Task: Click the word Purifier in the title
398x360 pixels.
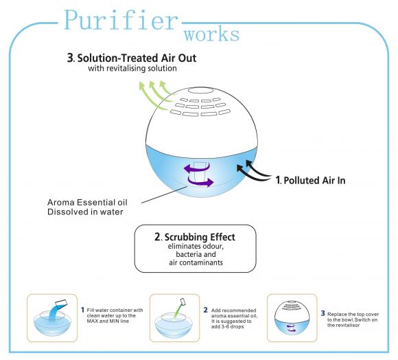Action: (121, 20)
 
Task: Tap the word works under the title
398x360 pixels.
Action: (211, 35)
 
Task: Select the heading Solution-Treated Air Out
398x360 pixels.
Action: (137, 58)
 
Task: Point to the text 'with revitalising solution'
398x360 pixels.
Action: (132, 68)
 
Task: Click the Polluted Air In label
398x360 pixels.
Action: (314, 181)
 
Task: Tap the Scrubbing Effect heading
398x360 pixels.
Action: (200, 237)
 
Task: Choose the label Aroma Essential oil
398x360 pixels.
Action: (87, 203)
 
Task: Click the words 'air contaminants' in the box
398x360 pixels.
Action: (196, 262)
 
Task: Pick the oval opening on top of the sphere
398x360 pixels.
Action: (200, 91)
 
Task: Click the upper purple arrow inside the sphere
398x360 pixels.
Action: (196, 168)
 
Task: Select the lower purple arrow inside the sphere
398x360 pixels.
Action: (200, 181)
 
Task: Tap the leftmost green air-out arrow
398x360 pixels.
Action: (150, 95)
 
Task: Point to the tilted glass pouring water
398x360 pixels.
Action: (61, 303)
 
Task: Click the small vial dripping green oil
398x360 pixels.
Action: (183, 302)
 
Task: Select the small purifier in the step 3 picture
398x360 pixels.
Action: (292, 318)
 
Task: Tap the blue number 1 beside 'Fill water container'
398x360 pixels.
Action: (82, 310)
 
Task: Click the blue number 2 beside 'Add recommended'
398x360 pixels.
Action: (206, 310)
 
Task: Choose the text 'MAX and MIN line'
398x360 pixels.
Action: (108, 321)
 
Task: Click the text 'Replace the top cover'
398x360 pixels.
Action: (353, 314)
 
